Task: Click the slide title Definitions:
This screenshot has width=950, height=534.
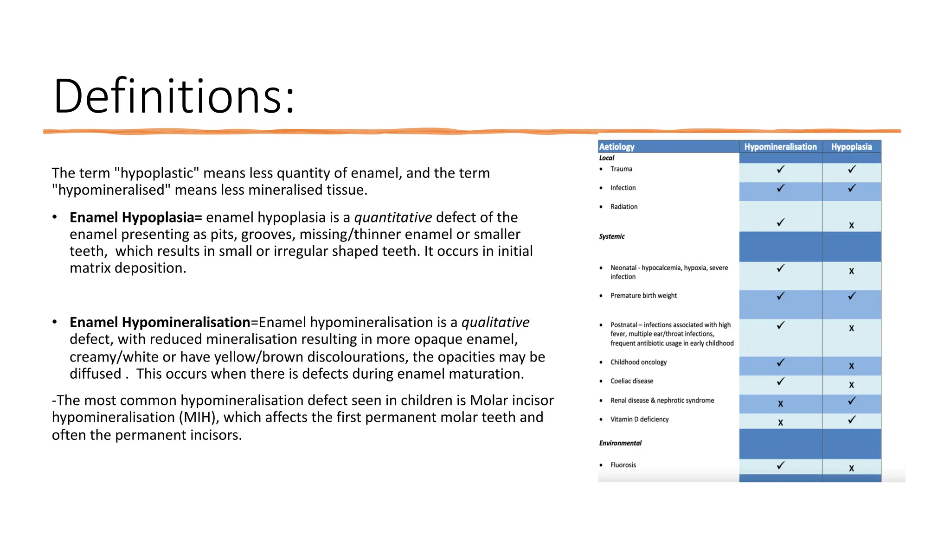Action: click(x=174, y=96)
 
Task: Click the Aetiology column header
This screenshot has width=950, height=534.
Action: click(x=616, y=147)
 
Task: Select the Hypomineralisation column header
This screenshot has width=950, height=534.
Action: click(x=780, y=147)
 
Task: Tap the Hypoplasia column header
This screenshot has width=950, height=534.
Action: click(x=851, y=147)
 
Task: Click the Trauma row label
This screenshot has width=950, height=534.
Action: click(x=621, y=169)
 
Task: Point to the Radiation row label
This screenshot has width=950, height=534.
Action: click(x=624, y=207)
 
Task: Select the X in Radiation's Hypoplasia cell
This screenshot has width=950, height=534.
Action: click(x=851, y=226)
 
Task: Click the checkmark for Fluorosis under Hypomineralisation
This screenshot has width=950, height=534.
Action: click(x=781, y=465)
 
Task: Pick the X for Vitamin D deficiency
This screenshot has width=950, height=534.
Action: click(x=780, y=423)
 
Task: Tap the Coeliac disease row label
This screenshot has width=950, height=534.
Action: click(x=631, y=381)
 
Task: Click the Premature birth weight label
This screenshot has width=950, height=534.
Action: click(x=643, y=296)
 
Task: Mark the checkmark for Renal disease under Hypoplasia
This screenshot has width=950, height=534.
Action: click(x=852, y=401)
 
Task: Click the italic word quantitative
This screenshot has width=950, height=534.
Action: click(x=393, y=217)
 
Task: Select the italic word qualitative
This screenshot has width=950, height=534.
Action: click(x=495, y=322)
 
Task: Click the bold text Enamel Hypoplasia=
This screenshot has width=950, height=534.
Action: click(x=136, y=217)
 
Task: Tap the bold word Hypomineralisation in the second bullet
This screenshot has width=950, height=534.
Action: click(x=186, y=322)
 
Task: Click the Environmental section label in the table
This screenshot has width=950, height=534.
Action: click(x=620, y=443)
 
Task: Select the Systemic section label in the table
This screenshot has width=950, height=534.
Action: click(x=612, y=236)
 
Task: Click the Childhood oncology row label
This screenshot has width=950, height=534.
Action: click(x=638, y=362)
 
